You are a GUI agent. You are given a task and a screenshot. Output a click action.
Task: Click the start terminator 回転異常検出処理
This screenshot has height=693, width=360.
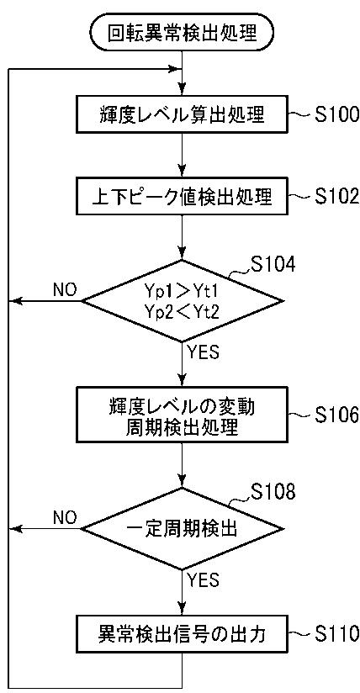tap(182, 32)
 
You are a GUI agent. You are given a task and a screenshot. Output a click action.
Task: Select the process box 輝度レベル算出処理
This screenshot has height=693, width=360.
tap(182, 116)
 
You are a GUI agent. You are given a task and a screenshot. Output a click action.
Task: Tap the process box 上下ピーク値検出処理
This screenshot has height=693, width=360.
tap(182, 196)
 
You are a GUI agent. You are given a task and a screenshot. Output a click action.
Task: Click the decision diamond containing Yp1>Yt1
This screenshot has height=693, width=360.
tap(182, 301)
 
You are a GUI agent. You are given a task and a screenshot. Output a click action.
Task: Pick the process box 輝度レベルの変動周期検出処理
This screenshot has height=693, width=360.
tap(182, 416)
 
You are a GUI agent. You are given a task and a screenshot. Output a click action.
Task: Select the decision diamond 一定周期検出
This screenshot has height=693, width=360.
tap(182, 529)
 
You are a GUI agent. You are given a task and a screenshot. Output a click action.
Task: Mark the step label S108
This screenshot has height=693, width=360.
tap(271, 492)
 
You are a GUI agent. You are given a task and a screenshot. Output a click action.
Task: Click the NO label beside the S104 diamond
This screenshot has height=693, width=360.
tap(64, 290)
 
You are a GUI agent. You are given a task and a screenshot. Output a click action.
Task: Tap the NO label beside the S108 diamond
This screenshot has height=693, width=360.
tap(64, 517)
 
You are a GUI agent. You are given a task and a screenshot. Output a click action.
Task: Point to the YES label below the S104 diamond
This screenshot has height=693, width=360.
tap(203, 353)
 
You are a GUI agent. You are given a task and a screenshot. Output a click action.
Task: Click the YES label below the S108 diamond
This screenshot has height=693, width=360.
tap(203, 580)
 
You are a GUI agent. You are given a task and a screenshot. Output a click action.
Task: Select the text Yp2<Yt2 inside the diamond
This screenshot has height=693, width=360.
tap(182, 310)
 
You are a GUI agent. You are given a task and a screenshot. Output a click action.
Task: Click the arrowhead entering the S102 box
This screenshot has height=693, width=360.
tap(182, 172)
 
